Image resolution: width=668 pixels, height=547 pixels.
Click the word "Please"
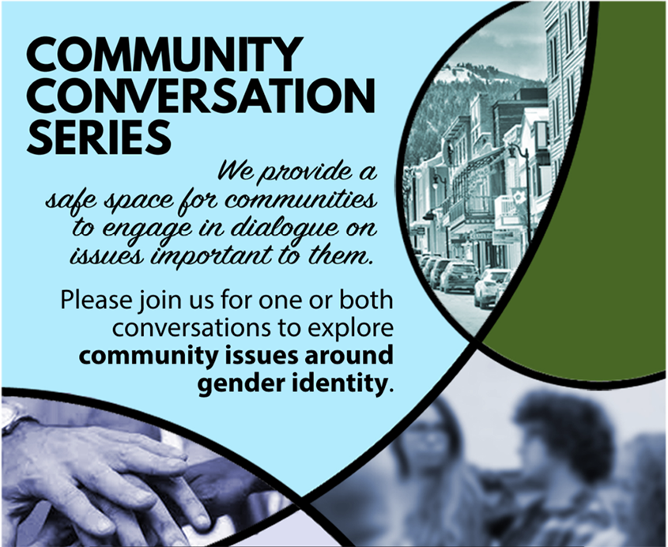[96, 300]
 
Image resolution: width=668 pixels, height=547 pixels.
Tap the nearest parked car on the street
[492, 288]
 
